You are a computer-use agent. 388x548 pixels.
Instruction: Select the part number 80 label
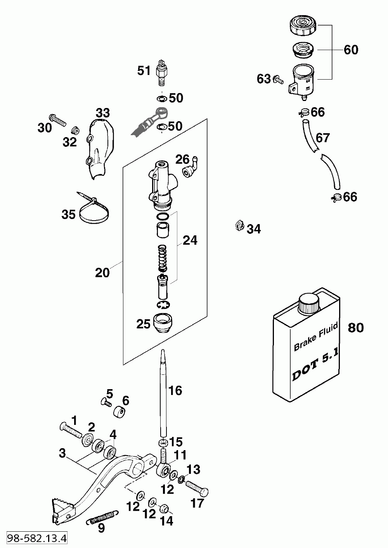click(356, 327)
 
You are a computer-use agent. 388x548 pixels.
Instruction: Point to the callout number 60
click(351, 50)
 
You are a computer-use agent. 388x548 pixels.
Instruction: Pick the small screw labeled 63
click(279, 80)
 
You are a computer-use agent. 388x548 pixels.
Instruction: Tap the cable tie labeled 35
click(94, 208)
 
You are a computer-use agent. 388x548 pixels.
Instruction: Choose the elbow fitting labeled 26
click(190, 167)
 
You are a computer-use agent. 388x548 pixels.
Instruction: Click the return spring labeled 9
click(102, 514)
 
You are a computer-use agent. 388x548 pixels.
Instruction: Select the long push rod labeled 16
click(163, 393)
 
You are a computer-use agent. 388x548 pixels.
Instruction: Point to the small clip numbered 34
click(239, 225)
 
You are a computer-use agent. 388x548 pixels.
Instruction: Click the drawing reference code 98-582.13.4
click(37, 538)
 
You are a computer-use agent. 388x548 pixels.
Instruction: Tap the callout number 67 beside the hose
click(323, 138)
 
